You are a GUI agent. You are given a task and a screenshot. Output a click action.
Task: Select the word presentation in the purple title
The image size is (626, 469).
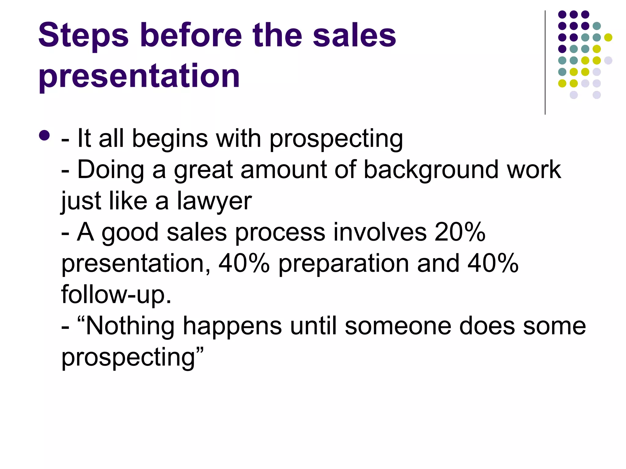pos(139,76)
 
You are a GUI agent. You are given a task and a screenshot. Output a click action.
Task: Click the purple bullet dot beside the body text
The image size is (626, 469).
pos(44,136)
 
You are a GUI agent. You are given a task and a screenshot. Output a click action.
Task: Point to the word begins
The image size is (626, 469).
pos(170,139)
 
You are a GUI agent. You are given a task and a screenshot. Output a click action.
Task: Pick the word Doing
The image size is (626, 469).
pos(110,170)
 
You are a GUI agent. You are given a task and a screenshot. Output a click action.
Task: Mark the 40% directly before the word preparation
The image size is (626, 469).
pos(244,264)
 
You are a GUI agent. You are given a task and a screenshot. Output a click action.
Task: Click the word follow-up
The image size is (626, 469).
pos(116,295)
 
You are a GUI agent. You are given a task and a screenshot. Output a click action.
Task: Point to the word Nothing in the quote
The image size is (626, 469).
pos(130,326)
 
